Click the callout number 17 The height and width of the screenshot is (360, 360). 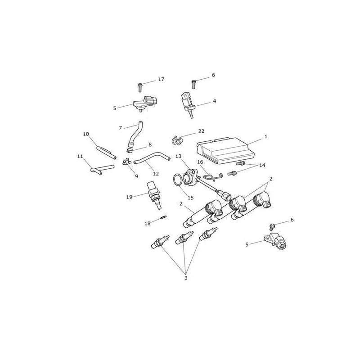pyautogui.click(x=161, y=80)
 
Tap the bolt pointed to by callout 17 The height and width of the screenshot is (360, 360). pyautogui.click(x=140, y=88)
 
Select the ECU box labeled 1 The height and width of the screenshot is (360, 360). pyautogui.click(x=226, y=151)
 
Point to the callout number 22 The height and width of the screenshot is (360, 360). pyautogui.click(x=201, y=131)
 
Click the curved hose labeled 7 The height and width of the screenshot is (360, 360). pyautogui.click(x=135, y=134)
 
